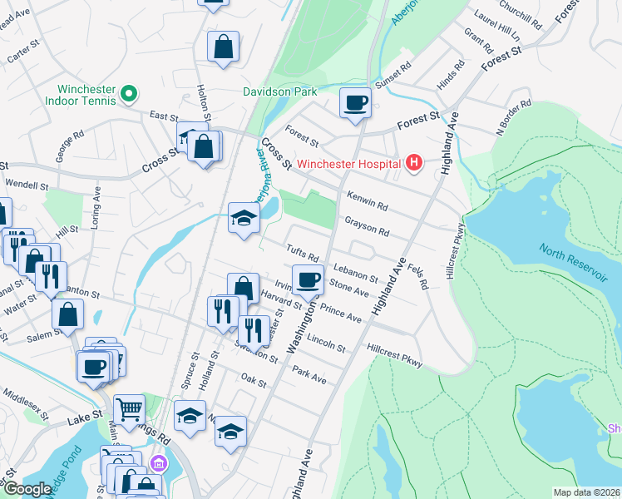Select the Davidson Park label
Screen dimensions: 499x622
274,91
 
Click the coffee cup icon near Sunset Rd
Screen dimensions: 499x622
355,103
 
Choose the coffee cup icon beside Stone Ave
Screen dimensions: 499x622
308,280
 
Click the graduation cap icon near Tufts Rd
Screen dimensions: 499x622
244,219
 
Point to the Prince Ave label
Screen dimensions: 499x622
341,314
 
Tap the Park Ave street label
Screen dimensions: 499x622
309,376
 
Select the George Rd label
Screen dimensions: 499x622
71,146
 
